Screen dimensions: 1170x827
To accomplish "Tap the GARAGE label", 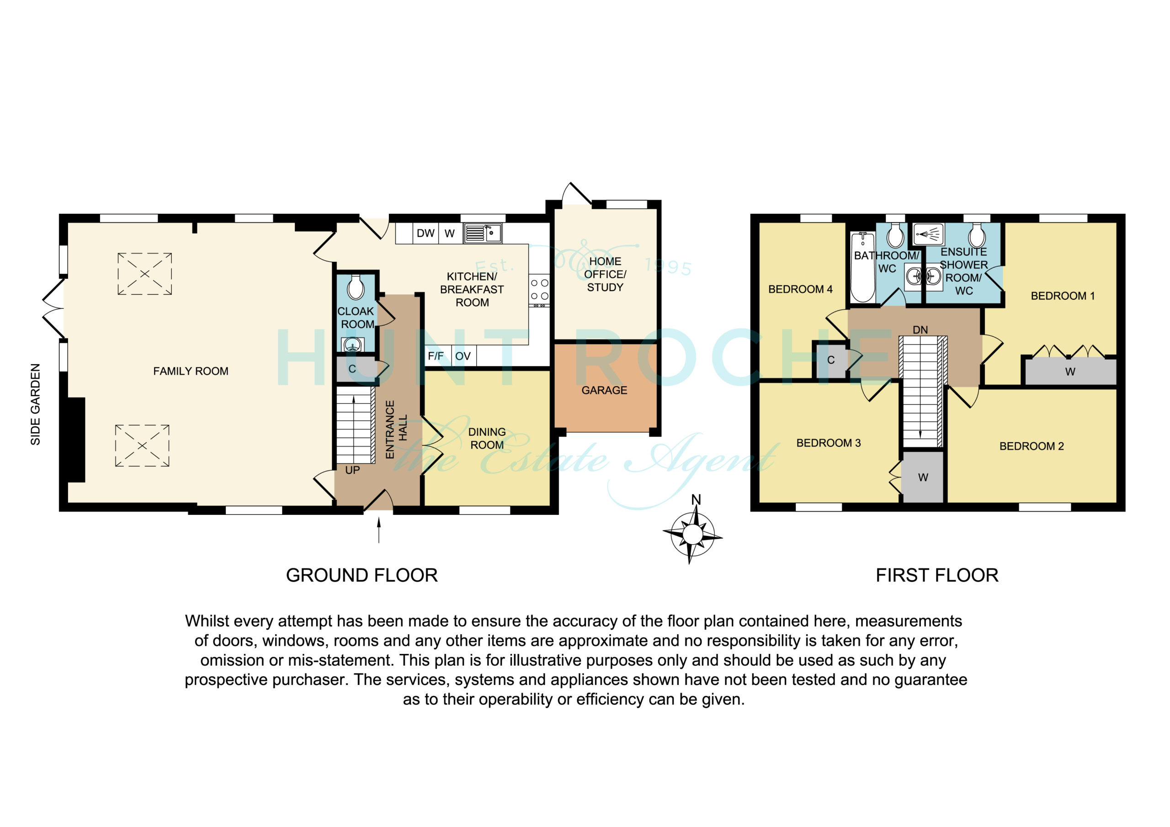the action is (x=604, y=390).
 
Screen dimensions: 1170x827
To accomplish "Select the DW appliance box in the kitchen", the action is (x=425, y=233).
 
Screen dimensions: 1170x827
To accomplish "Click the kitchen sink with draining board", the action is (x=483, y=233).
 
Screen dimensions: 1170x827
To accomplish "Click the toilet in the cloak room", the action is (x=356, y=287).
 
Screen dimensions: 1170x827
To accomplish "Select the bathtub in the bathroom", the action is (x=863, y=267).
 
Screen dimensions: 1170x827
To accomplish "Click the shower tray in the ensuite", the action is (x=928, y=234).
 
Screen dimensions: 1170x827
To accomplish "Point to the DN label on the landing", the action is (x=920, y=330).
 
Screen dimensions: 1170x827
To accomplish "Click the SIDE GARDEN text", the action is (x=35, y=404).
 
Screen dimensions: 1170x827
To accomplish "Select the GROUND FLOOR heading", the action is (x=362, y=575).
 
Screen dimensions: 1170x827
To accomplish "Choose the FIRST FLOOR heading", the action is (x=937, y=575).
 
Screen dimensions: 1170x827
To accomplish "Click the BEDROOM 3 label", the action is (x=829, y=443).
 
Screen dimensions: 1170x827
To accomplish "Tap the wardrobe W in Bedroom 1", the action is (x=1070, y=372).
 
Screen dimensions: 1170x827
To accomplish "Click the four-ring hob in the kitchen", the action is (x=540, y=289).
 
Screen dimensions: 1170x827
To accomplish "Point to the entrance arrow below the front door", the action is (x=378, y=530).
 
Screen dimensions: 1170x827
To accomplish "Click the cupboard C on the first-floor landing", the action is (x=831, y=360).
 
